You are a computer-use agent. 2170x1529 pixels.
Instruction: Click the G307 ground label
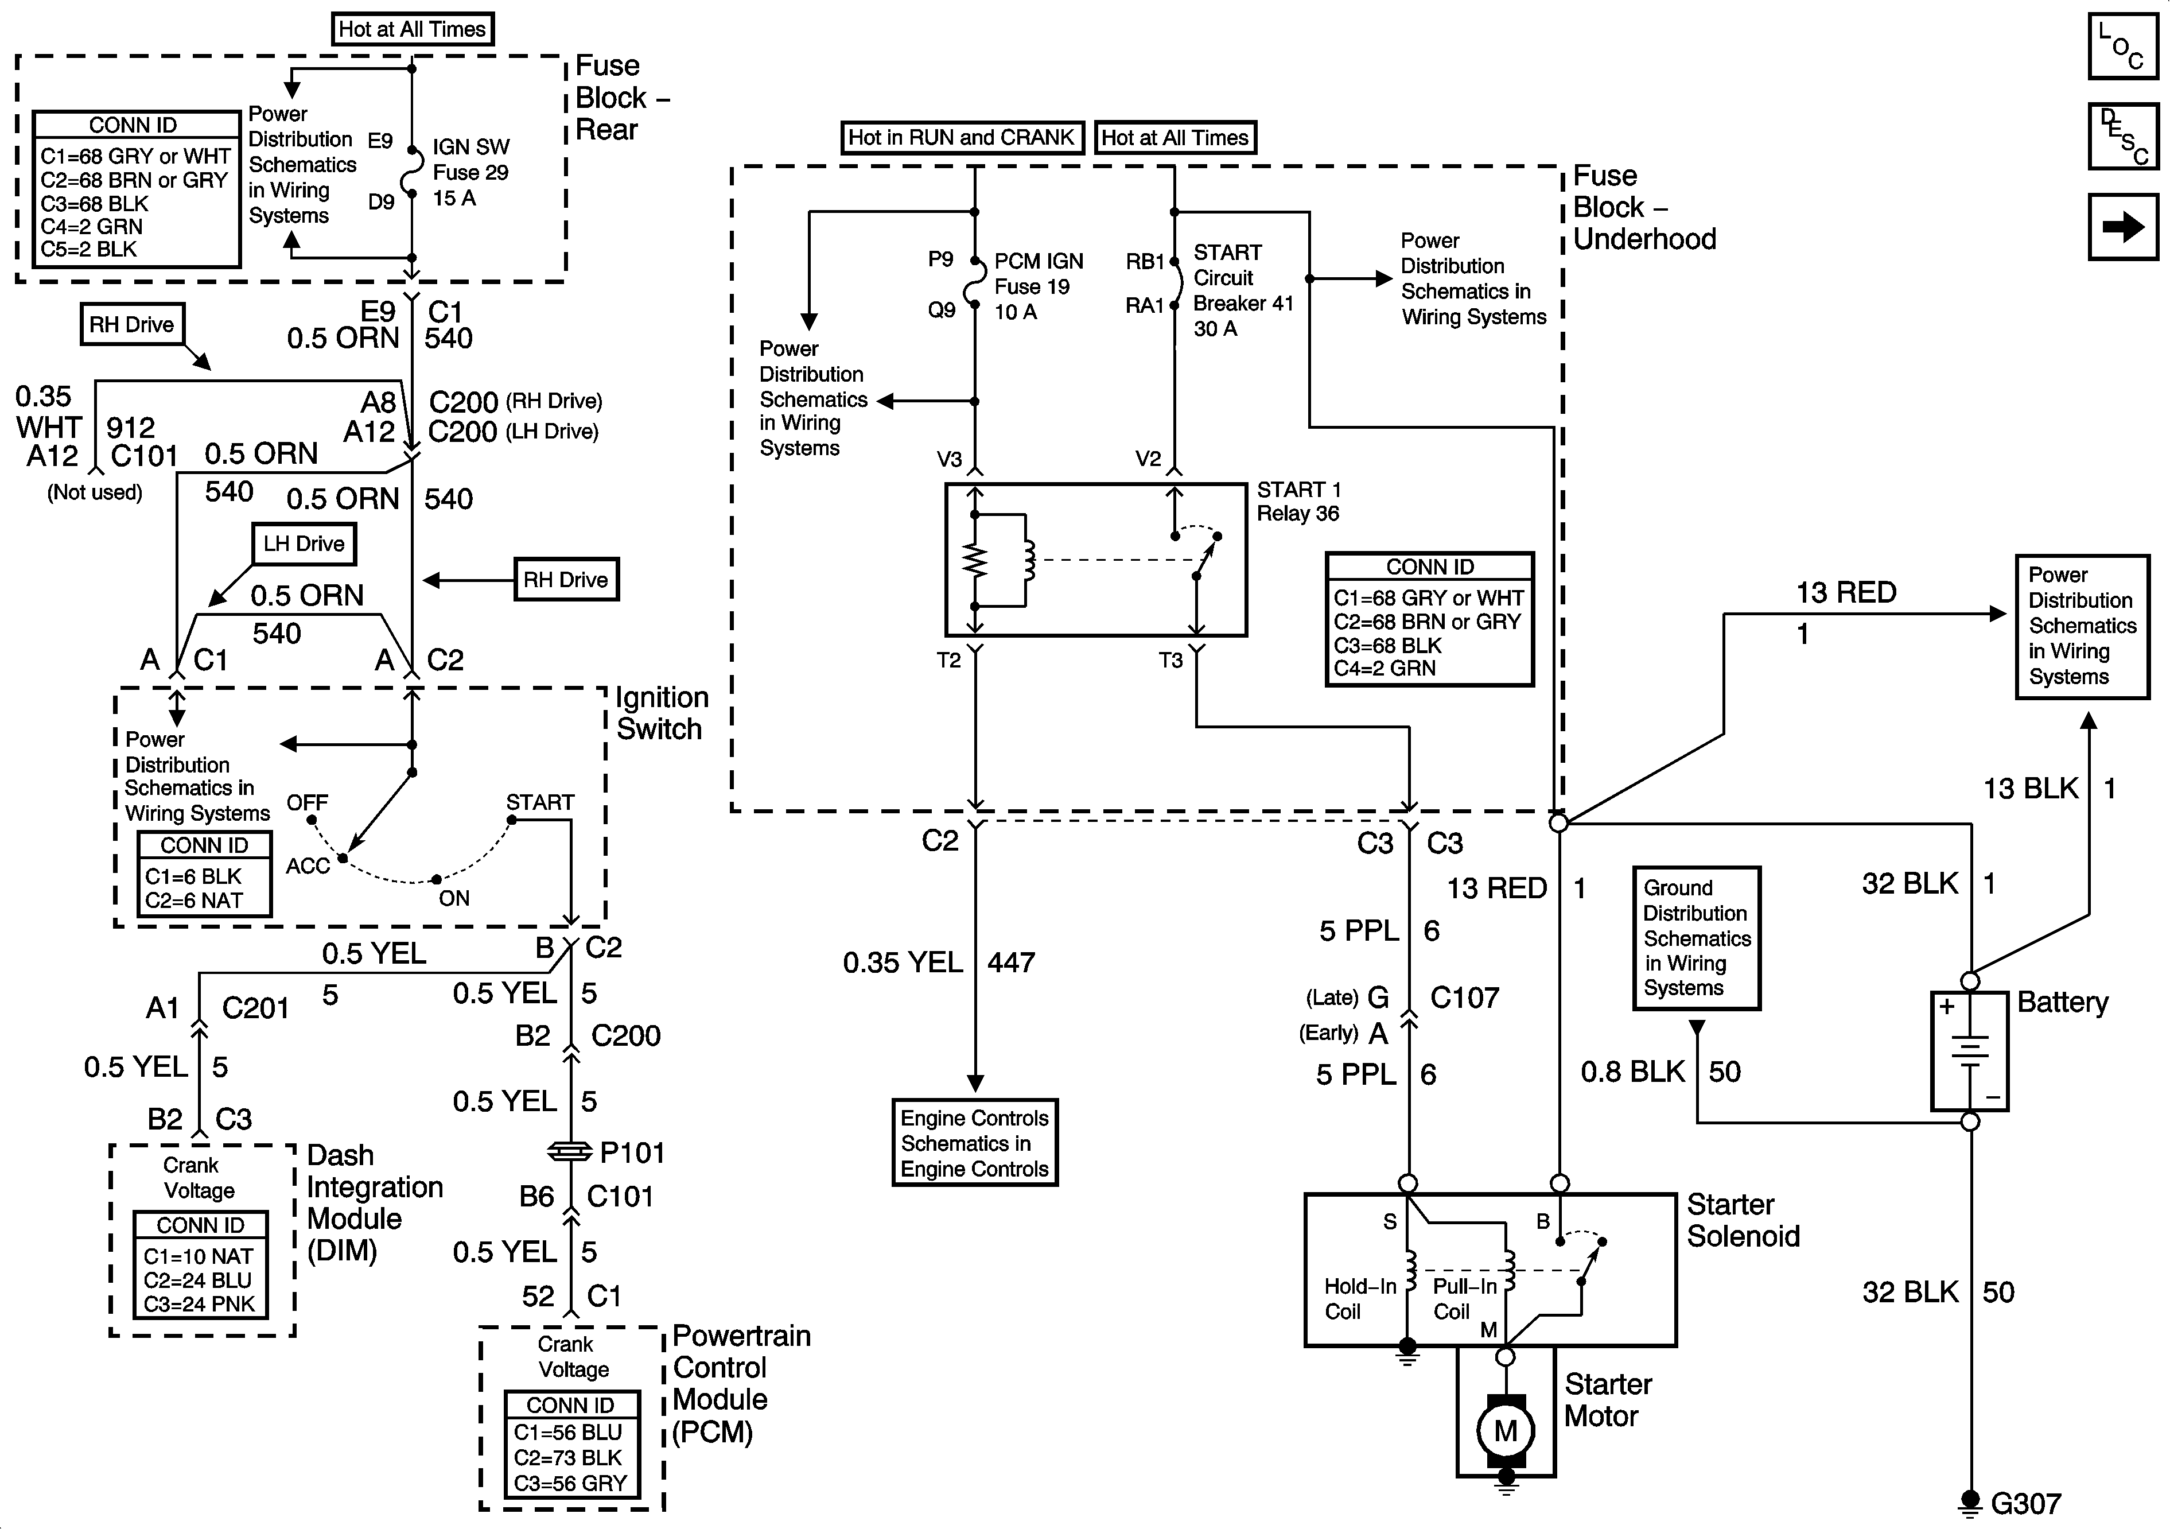coord(2025,1504)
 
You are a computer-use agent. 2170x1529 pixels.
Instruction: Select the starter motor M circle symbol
coord(1506,1431)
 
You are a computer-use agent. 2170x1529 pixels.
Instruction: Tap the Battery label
coord(2062,1002)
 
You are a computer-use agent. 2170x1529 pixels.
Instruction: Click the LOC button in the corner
coord(2123,45)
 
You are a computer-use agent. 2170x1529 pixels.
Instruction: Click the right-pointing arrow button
coord(2123,227)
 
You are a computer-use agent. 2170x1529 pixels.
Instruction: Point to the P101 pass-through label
coord(632,1152)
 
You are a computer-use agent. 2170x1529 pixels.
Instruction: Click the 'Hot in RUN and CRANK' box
coord(961,137)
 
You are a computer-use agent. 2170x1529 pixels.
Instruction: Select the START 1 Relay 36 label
coord(1298,501)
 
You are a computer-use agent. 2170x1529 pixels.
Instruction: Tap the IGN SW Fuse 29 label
coord(470,172)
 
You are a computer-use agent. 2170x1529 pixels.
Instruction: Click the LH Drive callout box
coord(304,544)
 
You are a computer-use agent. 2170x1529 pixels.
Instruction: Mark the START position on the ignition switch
coord(540,803)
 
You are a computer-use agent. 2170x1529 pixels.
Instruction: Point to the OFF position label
coord(307,803)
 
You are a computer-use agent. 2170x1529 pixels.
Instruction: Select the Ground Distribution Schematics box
coord(1697,938)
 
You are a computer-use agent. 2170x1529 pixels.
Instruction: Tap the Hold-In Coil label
coord(1360,1298)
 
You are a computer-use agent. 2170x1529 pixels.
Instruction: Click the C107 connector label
coord(1464,998)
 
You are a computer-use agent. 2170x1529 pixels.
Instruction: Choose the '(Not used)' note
coord(95,492)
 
